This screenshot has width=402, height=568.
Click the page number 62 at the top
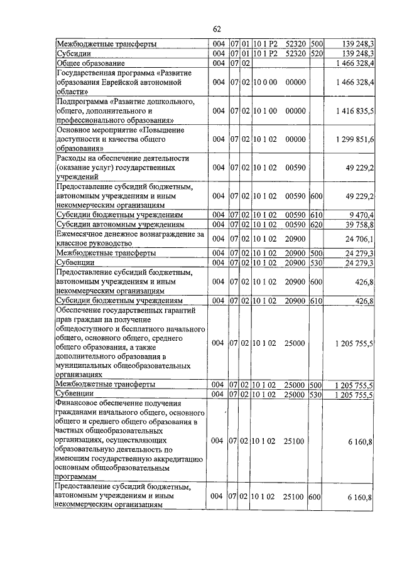pos(217,29)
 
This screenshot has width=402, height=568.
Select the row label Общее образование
pos(91,63)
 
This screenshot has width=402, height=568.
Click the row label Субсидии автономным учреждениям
pos(120,223)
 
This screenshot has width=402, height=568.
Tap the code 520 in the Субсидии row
pos(317,54)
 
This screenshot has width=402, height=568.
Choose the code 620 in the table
pos(317,223)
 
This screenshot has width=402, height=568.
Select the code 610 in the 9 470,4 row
pos(317,214)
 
